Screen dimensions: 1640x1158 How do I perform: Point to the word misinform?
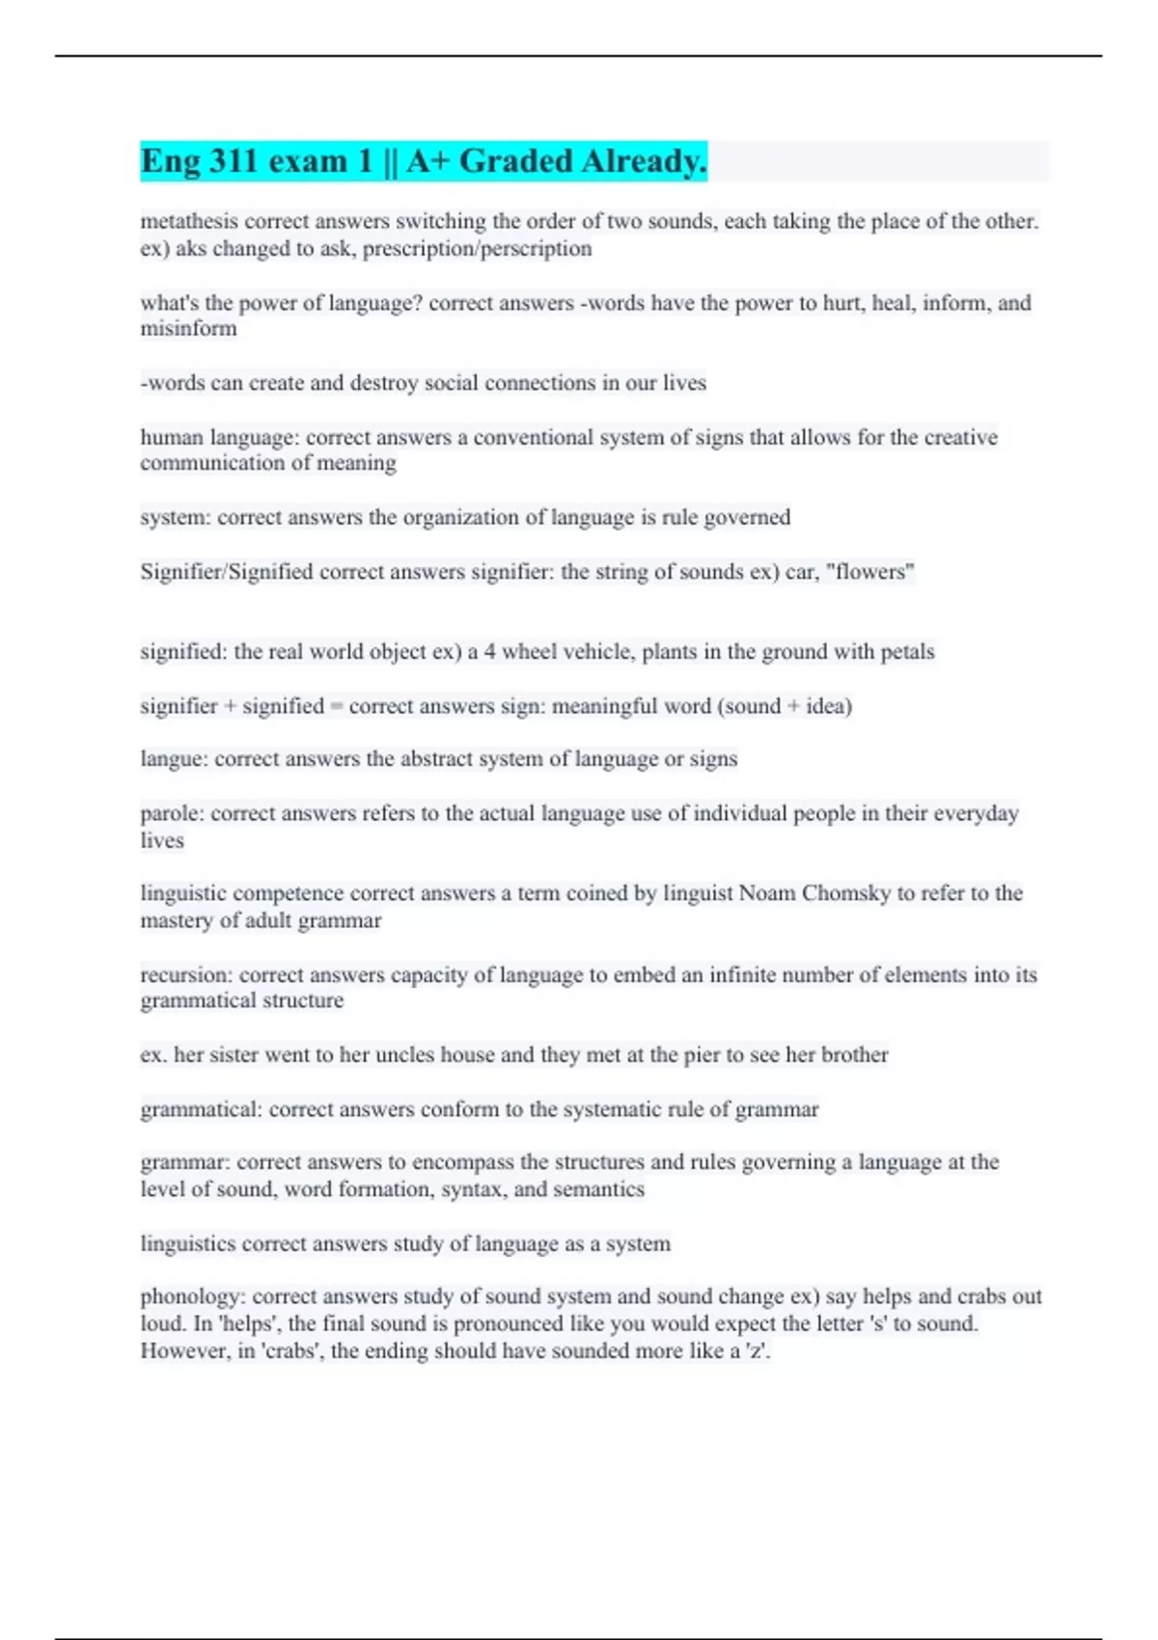(188, 329)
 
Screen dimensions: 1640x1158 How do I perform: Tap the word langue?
(174, 759)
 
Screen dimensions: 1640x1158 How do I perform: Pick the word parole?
(172, 813)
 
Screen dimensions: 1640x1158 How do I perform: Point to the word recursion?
(186, 974)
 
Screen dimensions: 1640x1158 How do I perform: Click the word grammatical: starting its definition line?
(201, 1109)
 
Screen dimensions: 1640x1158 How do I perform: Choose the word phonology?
(193, 1296)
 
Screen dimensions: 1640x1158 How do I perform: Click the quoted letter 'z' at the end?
(759, 1351)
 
